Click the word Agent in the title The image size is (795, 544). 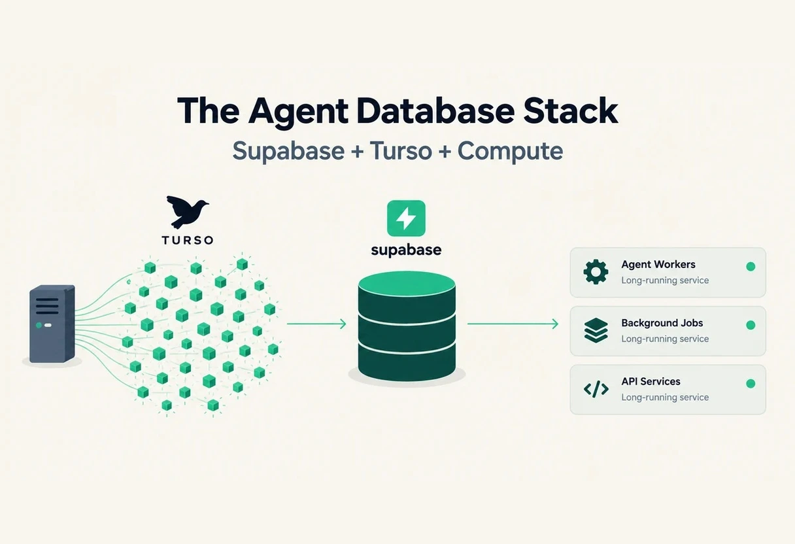pos(299,111)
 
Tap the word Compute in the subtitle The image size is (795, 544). pos(511,152)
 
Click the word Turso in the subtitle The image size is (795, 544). pos(401,150)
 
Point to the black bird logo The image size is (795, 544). pos(187,211)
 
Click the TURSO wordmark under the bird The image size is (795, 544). pos(188,240)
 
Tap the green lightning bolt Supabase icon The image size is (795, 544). pos(406,218)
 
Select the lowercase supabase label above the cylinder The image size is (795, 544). pos(406,250)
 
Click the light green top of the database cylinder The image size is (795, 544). pos(407,283)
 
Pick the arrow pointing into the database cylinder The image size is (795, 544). pos(316,324)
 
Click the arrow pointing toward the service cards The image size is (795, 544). pos(513,324)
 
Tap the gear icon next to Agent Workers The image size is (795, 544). pos(596,272)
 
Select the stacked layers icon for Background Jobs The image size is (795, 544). pos(596,330)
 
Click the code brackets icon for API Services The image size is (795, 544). pos(596,389)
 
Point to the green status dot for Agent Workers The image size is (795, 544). pos(751,267)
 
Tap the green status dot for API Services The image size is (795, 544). pos(751,384)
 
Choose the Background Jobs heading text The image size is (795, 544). pos(662,323)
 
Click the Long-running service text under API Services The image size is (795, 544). pos(665,398)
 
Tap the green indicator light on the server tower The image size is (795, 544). pos(39,325)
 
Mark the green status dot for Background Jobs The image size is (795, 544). pos(751,325)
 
